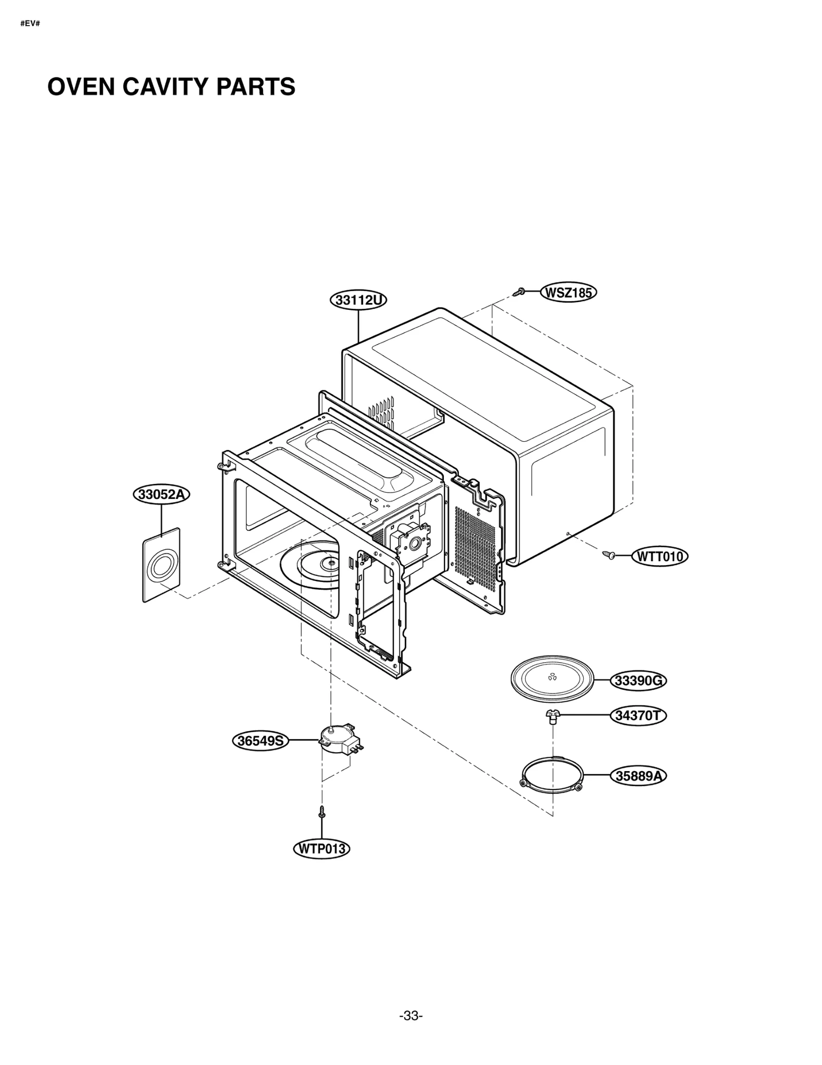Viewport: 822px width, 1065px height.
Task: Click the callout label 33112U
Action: pyautogui.click(x=358, y=300)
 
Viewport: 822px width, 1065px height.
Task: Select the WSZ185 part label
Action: pyautogui.click(x=568, y=293)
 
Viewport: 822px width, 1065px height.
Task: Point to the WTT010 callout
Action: pyautogui.click(x=660, y=556)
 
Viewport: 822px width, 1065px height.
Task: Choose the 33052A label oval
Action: pyautogui.click(x=161, y=494)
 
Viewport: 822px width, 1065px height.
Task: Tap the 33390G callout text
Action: pyautogui.click(x=638, y=681)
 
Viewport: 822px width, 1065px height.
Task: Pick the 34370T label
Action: pyautogui.click(x=638, y=716)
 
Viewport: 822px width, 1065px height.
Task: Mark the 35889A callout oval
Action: pyautogui.click(x=638, y=776)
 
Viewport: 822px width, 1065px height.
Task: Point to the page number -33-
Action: pyautogui.click(x=411, y=1016)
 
